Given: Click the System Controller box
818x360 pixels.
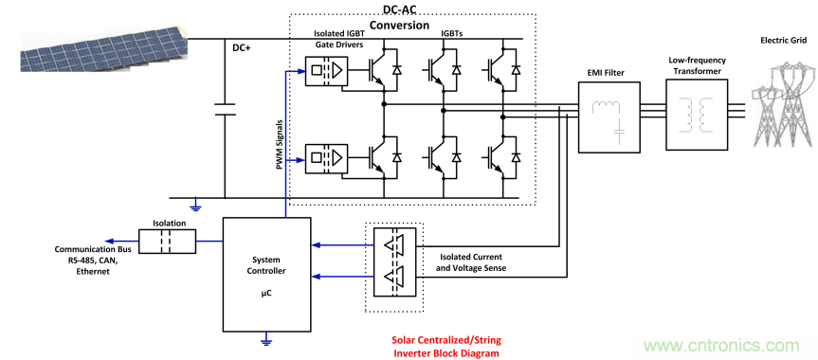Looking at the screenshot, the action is [266, 275].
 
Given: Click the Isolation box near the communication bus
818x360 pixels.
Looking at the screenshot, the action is [167, 241].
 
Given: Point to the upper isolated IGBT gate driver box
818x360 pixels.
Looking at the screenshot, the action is [326, 70].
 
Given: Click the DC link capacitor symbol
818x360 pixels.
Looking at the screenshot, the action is [225, 109].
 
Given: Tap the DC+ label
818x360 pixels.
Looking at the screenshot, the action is [241, 47].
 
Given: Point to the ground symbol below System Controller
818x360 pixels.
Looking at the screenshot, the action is [266, 340].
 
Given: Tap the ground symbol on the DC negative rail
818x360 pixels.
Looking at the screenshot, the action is [195, 206].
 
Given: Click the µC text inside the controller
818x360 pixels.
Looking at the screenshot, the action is [266, 294].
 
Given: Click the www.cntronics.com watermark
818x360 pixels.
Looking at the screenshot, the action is [721, 345].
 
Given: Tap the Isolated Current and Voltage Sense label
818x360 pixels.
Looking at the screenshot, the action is [470, 263].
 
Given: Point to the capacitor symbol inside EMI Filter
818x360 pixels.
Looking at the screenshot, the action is [619, 131].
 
